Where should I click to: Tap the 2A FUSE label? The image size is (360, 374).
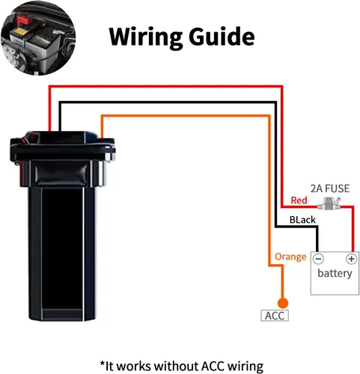329,188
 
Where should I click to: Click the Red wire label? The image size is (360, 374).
299,201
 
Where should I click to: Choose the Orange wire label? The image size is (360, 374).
290,257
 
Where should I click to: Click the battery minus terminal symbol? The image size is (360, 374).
318,258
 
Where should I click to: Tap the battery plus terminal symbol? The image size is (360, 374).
350,258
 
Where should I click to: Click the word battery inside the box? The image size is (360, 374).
334,274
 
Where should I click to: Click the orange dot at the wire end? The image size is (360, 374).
283,302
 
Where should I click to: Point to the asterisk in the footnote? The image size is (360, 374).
103,364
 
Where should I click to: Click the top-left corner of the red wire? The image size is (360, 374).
49,88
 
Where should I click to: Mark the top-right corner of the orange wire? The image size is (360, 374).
269,116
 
